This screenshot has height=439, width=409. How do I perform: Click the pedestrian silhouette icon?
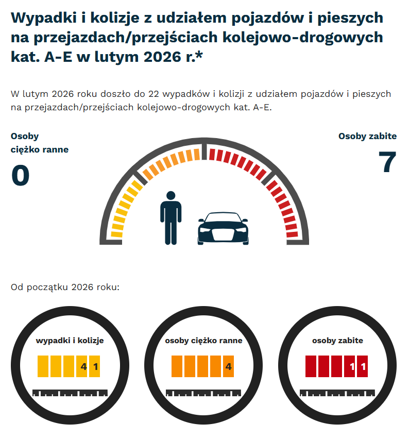tap(171, 217)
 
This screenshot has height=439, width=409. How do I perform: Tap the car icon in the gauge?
tap(223, 228)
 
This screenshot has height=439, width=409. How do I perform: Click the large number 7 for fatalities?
tap(386, 163)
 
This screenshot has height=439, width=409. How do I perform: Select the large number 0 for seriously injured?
tap(20, 176)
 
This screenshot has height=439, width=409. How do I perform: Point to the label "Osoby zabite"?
tap(367, 137)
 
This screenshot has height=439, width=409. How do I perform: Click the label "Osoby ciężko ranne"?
tap(39, 143)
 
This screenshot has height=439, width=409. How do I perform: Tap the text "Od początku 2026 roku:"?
tap(65, 286)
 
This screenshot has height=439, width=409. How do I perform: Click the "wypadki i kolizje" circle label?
tap(70, 341)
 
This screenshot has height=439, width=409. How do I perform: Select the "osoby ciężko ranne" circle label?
tap(203, 341)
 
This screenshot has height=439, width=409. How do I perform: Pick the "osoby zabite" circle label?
tap(337, 341)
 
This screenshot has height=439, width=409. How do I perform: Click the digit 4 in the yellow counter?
tap(82, 367)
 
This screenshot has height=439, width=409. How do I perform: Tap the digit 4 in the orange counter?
tap(228, 367)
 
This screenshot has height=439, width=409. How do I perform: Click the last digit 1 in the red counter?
tap(363, 367)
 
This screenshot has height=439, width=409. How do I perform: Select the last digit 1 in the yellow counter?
tap(95, 367)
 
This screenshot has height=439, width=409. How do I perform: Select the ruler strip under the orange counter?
tap(203, 393)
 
